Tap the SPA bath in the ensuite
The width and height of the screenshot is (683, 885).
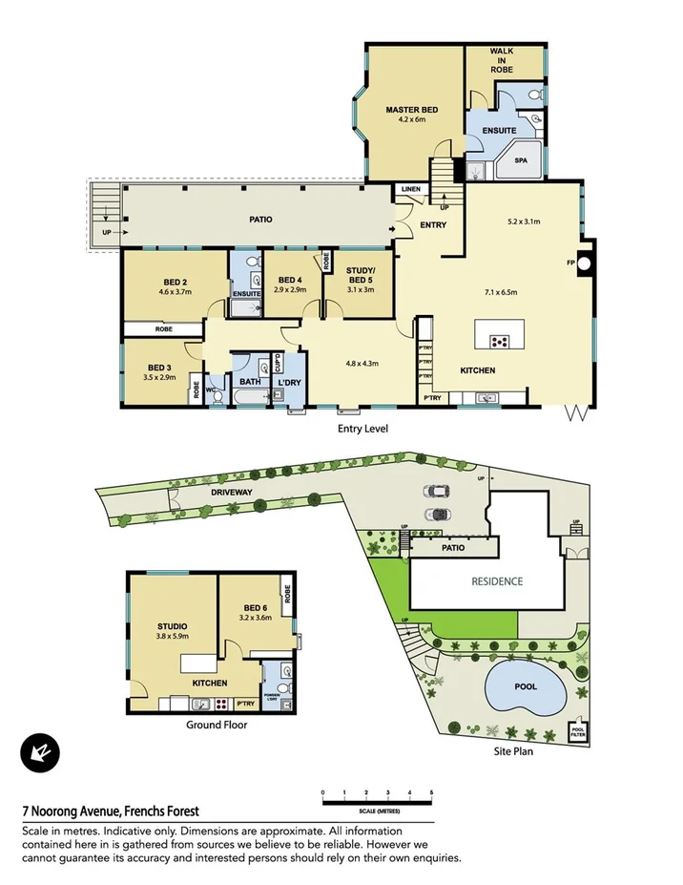[521, 161]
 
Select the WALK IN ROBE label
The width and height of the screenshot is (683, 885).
[501, 61]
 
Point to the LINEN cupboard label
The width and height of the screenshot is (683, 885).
[410, 189]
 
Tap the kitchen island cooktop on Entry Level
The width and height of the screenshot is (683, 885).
[499, 341]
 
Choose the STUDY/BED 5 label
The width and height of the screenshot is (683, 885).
[360, 275]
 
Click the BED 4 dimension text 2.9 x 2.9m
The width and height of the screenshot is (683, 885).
[290, 288]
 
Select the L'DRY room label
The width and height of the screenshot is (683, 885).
[289, 383]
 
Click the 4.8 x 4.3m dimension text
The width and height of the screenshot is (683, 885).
[362, 363]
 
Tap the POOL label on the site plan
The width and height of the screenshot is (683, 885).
[526, 686]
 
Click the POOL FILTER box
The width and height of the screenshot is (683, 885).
[577, 732]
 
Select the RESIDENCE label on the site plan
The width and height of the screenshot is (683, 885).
[497, 581]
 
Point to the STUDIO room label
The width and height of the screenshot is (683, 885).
[173, 626]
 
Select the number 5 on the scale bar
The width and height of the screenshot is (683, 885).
[431, 792]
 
